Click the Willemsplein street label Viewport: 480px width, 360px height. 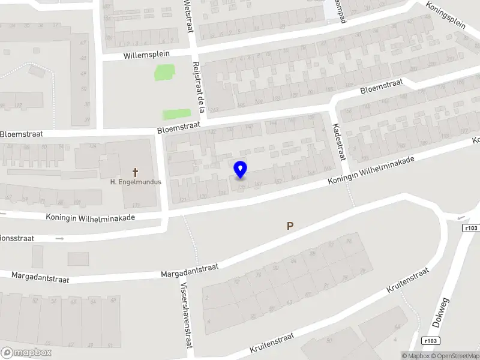point(147,54)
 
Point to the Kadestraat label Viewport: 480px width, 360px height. point(339,142)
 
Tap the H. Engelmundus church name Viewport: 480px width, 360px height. point(135,182)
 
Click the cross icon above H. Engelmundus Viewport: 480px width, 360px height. point(135,172)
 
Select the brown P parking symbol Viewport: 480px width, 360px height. point(290,226)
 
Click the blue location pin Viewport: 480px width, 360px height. point(240,169)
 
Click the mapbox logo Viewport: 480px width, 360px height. point(26,353)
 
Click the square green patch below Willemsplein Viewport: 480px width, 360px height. point(163,73)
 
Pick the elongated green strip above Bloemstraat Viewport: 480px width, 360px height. point(176,113)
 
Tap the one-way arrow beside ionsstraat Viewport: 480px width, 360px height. point(59,238)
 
